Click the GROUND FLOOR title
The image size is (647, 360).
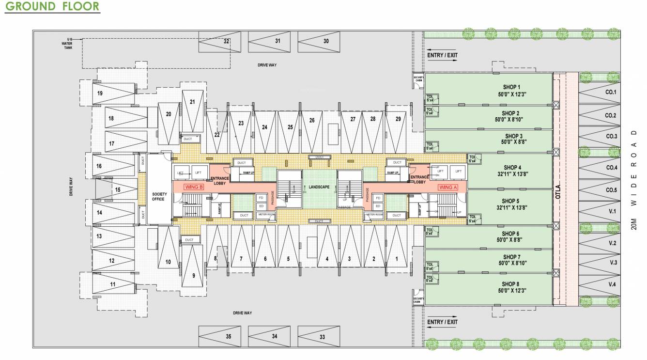click(x=52, y=7)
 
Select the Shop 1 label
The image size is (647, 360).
click(x=512, y=87)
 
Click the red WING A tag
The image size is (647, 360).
click(x=447, y=187)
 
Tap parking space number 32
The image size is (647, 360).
click(x=226, y=42)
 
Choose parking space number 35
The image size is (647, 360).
click(x=228, y=336)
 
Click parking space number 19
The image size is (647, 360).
click(x=100, y=93)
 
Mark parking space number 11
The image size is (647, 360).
click(x=112, y=284)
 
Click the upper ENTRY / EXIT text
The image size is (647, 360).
click(x=442, y=55)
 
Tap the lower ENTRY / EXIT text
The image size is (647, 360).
click(x=442, y=322)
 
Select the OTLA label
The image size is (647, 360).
click(x=559, y=189)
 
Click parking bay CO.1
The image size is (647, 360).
click(x=611, y=92)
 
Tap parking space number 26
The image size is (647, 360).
click(x=312, y=120)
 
